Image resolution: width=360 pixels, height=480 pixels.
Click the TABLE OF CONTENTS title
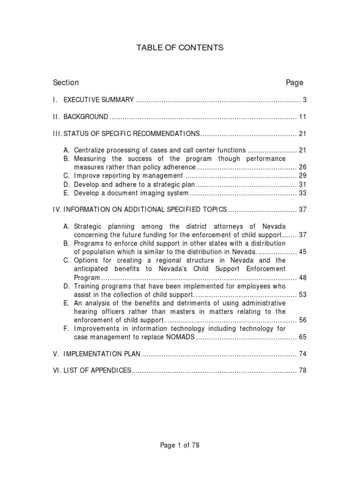coord(180,47)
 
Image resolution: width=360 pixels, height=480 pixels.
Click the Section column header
coord(66,82)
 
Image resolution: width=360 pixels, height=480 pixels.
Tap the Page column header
coord(294,82)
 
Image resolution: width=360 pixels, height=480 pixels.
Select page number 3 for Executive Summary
coord(304,99)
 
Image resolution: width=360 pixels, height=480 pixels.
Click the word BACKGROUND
coord(86,116)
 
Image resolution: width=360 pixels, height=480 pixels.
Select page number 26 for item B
coord(302,167)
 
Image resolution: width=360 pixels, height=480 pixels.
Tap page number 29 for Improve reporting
coord(302,176)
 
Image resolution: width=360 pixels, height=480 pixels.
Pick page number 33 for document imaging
coord(302,193)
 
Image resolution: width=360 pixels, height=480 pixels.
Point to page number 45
coord(302,252)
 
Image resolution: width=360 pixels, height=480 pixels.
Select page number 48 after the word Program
coord(302,277)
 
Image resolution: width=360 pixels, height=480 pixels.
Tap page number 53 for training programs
coord(302,294)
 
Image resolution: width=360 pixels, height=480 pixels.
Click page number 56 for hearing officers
coord(302,320)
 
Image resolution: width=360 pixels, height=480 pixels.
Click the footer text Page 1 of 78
coord(180,445)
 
